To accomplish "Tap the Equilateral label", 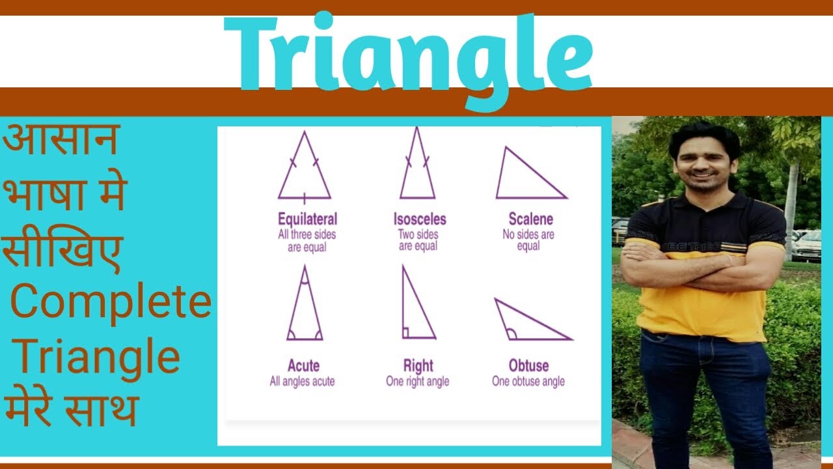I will coord(307,219).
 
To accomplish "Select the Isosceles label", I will coord(419,219).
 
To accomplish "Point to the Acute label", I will coord(303,365).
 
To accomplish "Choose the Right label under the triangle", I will coord(418,365).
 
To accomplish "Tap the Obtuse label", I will coord(528,365).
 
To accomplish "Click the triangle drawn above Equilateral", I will coord(304,173).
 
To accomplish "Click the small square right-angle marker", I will coord(405,333).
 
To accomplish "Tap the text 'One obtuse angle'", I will coord(528,382).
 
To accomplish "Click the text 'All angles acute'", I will coord(303,382).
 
